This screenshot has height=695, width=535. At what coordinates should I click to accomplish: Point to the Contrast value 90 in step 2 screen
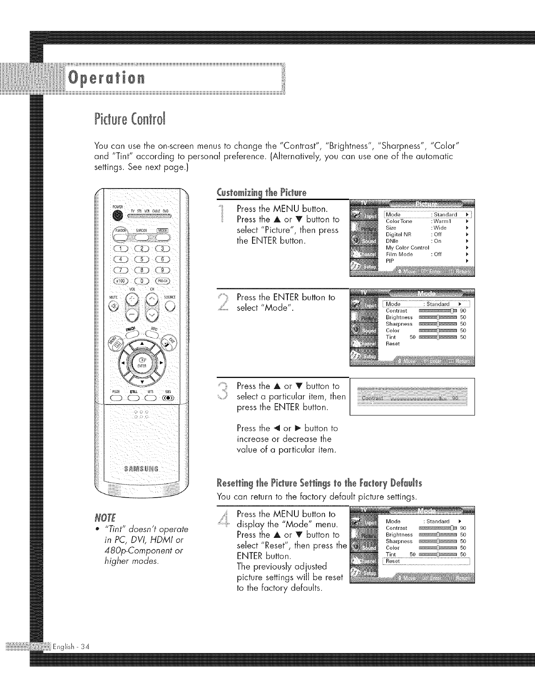463,311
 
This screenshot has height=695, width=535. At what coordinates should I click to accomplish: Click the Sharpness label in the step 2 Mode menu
399,324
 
